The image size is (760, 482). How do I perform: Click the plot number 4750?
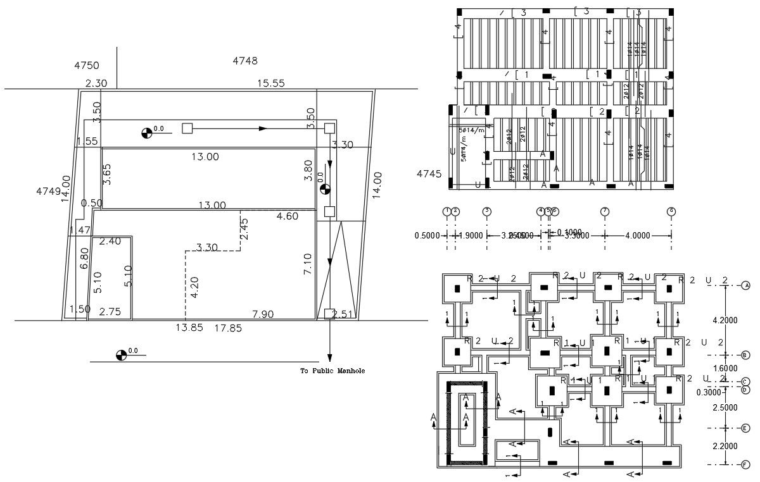pyautogui.click(x=87, y=66)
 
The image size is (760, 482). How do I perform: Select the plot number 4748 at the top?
pyautogui.click(x=245, y=61)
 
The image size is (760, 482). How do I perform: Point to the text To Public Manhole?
pyautogui.click(x=332, y=371)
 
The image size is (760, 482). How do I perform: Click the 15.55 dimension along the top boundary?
pyautogui.click(x=270, y=83)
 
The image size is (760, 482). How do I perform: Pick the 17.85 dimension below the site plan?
pyautogui.click(x=228, y=328)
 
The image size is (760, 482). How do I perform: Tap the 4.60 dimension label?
pyautogui.click(x=287, y=216)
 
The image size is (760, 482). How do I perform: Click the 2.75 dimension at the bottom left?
pyautogui.click(x=110, y=312)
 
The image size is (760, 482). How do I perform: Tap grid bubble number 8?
pyautogui.click(x=671, y=211)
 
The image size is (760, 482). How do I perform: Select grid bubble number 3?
pyautogui.click(x=486, y=211)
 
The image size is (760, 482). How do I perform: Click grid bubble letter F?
pyautogui.click(x=745, y=464)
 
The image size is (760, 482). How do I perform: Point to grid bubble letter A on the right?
pyautogui.click(x=745, y=286)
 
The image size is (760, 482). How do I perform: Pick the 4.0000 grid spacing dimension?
pyautogui.click(x=637, y=235)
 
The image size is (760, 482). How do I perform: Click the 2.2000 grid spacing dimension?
pyautogui.click(x=725, y=446)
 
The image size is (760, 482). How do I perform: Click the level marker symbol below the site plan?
pyautogui.click(x=121, y=355)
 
